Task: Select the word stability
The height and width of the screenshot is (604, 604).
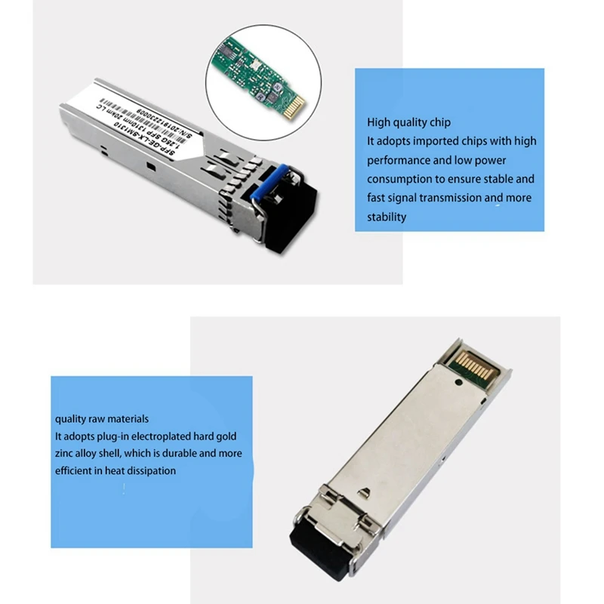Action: [x=387, y=217]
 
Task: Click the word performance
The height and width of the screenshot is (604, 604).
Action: [x=399, y=160]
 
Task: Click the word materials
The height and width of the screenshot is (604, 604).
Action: [x=126, y=418]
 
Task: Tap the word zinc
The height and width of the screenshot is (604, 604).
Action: [x=65, y=454]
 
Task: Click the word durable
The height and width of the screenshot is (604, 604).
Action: [x=174, y=454]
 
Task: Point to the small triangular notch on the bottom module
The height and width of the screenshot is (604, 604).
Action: [x=362, y=494]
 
